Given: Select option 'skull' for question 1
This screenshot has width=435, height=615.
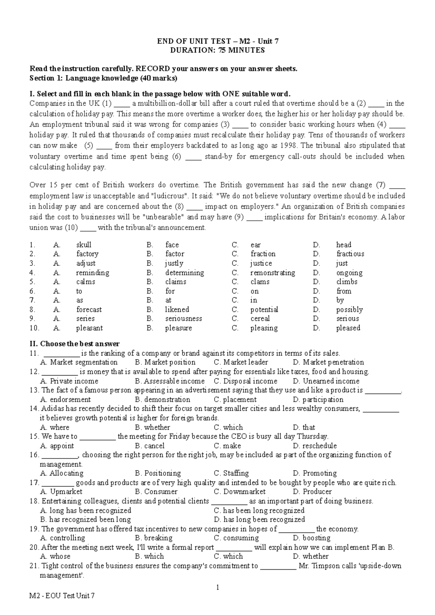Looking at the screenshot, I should click(84, 245).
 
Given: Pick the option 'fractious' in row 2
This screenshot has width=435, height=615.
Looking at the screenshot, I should click(350, 254).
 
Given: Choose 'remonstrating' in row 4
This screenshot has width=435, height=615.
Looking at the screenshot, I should click(273, 273).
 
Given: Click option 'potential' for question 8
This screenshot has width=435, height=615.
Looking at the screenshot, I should click(264, 310).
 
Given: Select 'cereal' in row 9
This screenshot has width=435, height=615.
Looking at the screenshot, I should click(260, 319).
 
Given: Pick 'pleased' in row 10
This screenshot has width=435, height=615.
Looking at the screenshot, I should click(348, 328).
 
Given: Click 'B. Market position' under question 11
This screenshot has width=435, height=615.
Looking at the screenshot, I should click(165, 362).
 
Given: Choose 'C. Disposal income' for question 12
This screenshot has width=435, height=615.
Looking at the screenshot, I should click(245, 381).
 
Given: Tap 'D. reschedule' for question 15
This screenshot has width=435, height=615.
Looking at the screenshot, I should click(315, 446).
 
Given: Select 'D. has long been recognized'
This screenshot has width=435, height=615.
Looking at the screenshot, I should click(259, 519).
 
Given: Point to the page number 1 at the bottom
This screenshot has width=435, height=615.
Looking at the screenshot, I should click(217, 587).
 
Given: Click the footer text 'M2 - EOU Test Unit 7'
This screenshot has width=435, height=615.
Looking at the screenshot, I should click(62, 606).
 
